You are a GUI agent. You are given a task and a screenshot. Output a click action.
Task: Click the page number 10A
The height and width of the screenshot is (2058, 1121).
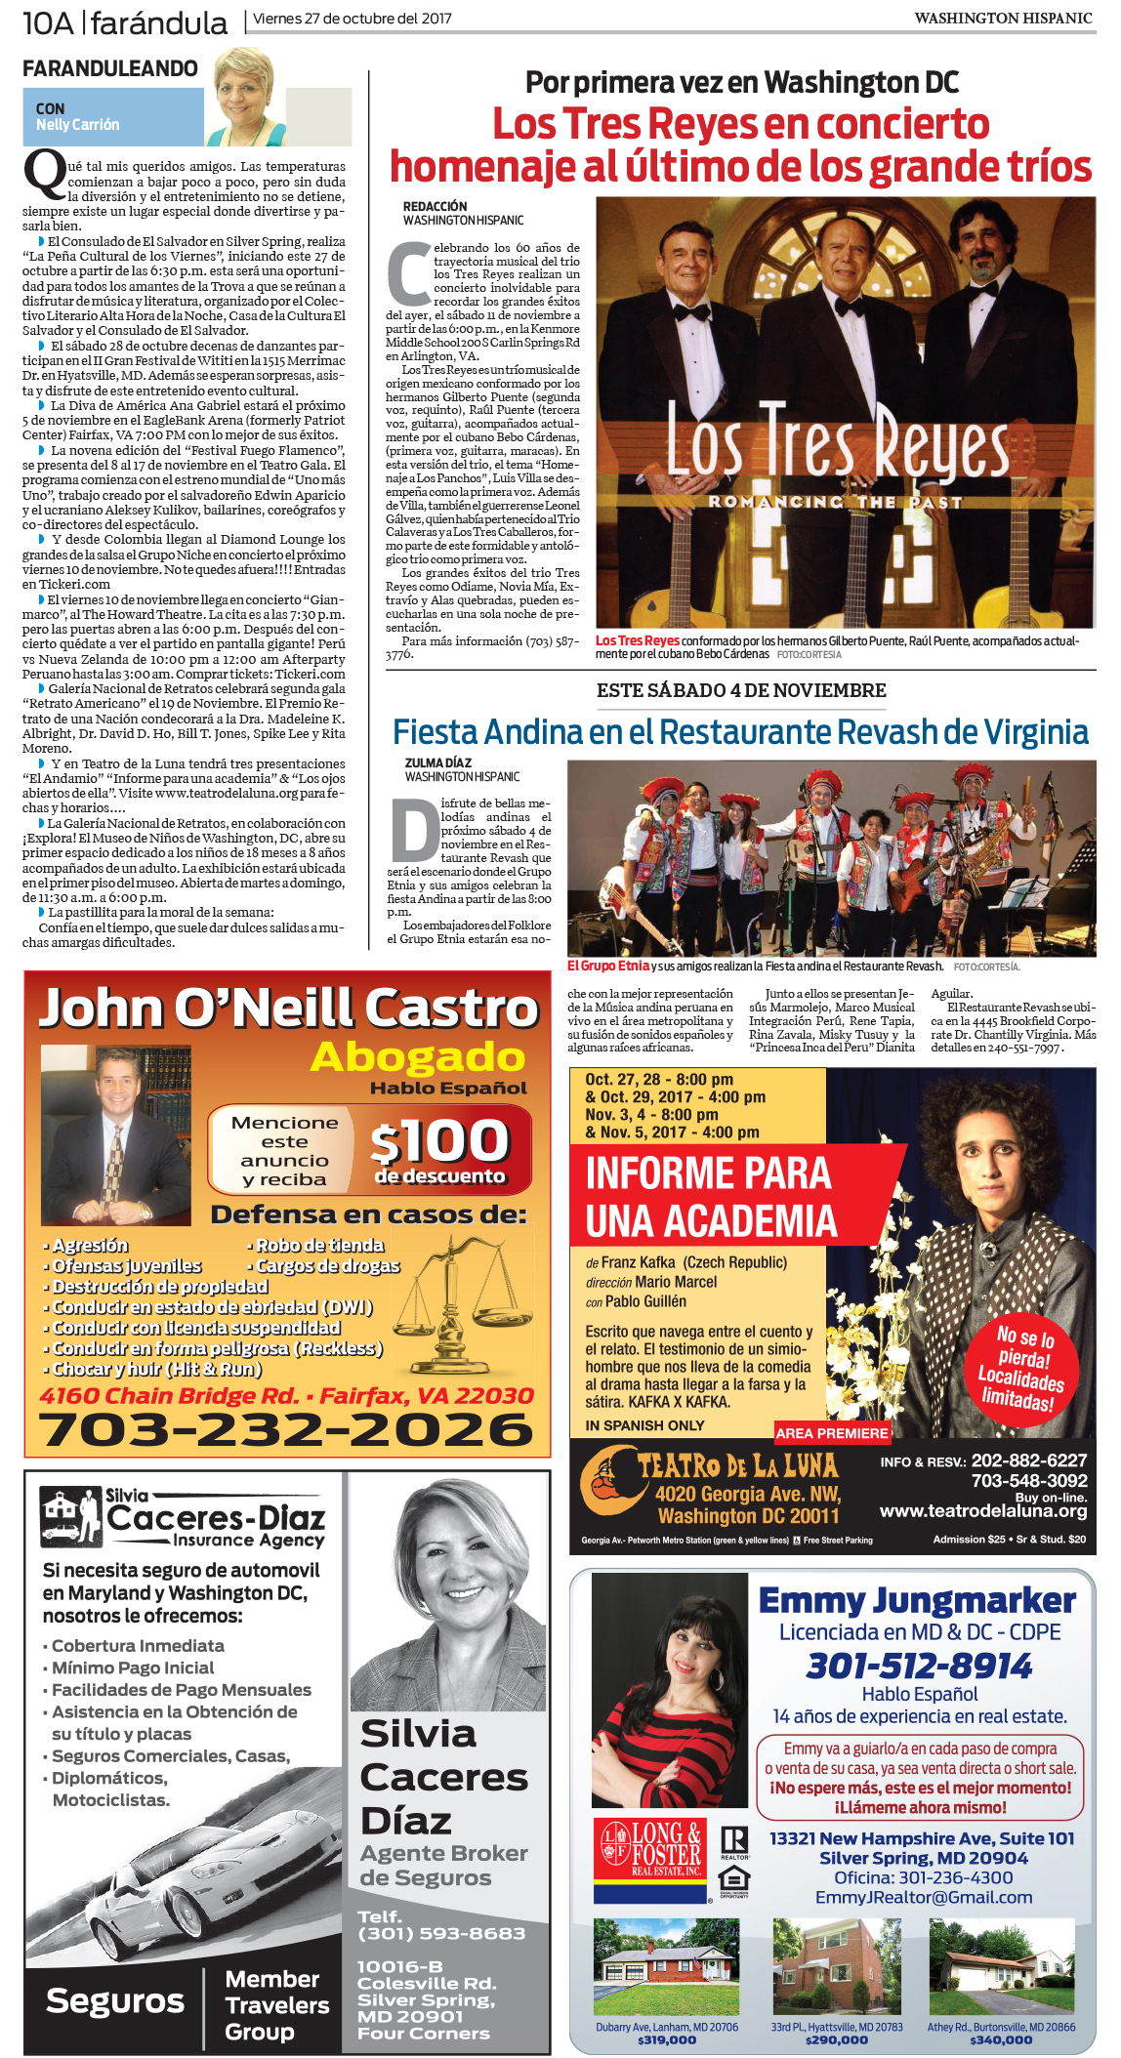pyautogui.click(x=48, y=22)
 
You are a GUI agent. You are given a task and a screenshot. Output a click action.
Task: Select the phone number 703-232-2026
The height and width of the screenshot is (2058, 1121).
pyautogui.click(x=286, y=1430)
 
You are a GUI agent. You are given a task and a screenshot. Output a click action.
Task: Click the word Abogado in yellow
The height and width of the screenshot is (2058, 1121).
pyautogui.click(x=418, y=1057)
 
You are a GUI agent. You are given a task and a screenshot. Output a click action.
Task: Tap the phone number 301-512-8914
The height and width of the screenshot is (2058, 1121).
pyautogui.click(x=919, y=1666)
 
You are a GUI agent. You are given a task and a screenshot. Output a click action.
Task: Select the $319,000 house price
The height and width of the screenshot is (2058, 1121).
pyautogui.click(x=667, y=2039)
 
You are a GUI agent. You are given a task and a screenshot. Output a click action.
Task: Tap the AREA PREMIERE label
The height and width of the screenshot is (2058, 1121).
pyautogui.click(x=832, y=1433)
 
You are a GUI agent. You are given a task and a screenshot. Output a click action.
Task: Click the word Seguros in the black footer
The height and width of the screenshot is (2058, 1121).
pyautogui.click(x=115, y=2000)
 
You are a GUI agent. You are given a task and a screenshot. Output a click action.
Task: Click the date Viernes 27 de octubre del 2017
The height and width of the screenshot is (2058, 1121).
pyautogui.click(x=353, y=19)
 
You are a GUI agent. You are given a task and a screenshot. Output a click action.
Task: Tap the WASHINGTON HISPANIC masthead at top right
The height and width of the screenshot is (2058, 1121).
pyautogui.click(x=1003, y=18)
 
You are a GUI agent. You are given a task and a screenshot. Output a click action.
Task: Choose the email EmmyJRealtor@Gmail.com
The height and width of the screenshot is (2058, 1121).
pyautogui.click(x=924, y=1897)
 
